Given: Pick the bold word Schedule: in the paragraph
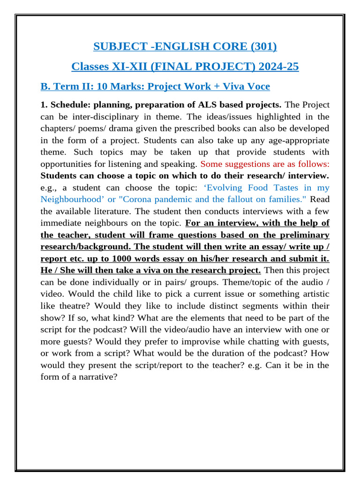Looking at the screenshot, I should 69,105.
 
